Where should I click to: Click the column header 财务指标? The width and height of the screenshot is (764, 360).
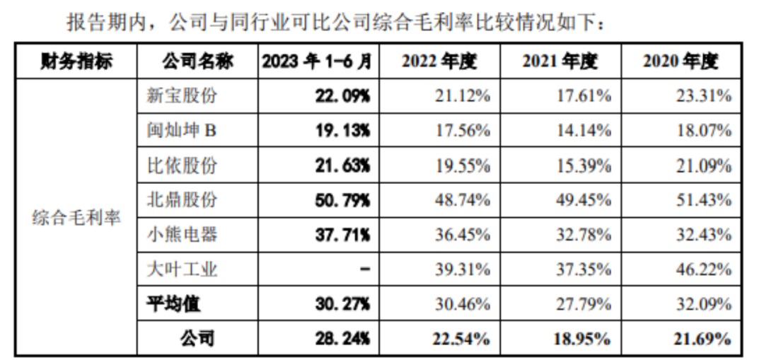[76, 62]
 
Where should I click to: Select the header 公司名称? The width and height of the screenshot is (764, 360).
[196, 62]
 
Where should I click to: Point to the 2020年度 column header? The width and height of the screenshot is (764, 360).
[681, 62]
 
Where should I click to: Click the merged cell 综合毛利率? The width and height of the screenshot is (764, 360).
[76, 217]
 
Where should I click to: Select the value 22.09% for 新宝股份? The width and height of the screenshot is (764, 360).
[342, 96]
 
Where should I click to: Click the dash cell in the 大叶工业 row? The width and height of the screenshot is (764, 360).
[364, 269]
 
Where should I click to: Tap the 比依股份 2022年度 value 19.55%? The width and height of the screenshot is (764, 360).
[462, 166]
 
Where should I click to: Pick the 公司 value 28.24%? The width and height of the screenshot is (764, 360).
[342, 339]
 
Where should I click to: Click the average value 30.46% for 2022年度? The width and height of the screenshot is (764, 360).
[462, 304]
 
